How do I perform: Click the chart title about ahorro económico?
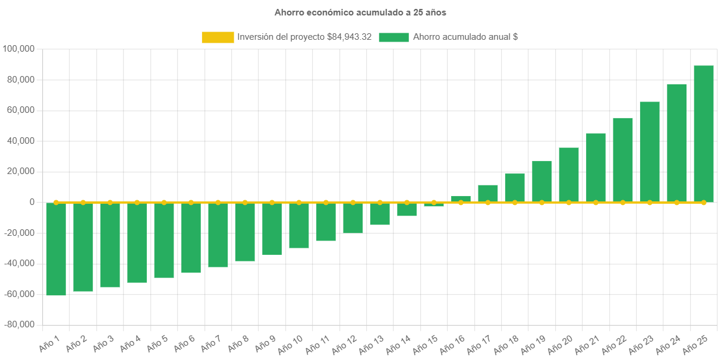(x=360, y=12)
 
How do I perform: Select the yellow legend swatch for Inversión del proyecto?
(x=218, y=37)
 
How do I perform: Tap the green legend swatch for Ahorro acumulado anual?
(x=393, y=37)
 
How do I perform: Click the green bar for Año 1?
(x=56, y=249)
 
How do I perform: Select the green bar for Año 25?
(x=703, y=134)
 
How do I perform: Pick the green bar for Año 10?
(x=299, y=225)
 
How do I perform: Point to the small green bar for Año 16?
(x=461, y=198)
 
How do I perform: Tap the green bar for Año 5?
(x=164, y=240)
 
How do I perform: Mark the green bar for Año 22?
(x=622, y=160)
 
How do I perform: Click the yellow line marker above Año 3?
(x=110, y=203)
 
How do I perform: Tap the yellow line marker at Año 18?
(x=515, y=203)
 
